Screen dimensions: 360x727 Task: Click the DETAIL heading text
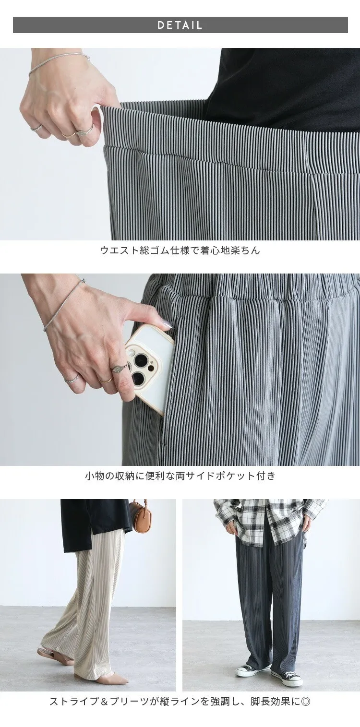click(180, 25)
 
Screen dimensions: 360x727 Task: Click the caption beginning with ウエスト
click(180, 250)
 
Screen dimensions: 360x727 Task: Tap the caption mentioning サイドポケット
click(180, 476)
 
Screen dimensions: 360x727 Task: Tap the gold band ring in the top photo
click(69, 134)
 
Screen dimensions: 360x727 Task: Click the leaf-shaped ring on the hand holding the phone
click(116, 369)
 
